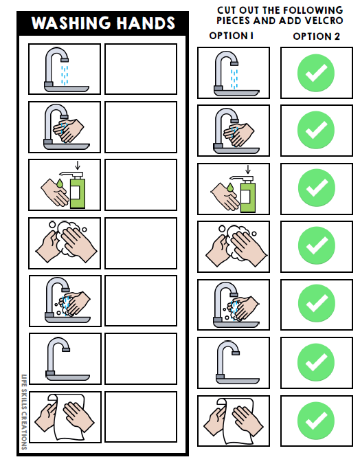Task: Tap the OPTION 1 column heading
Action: click(x=232, y=36)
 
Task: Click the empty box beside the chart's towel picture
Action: click(x=141, y=417)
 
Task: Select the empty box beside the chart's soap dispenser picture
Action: click(x=141, y=185)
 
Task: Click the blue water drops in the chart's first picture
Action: click(x=65, y=74)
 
